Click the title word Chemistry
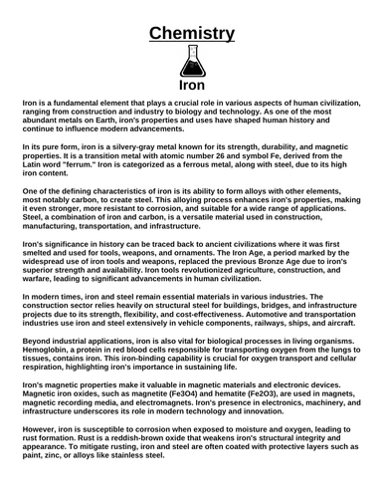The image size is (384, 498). tap(192, 34)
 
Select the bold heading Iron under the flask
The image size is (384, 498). tap(192, 88)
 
